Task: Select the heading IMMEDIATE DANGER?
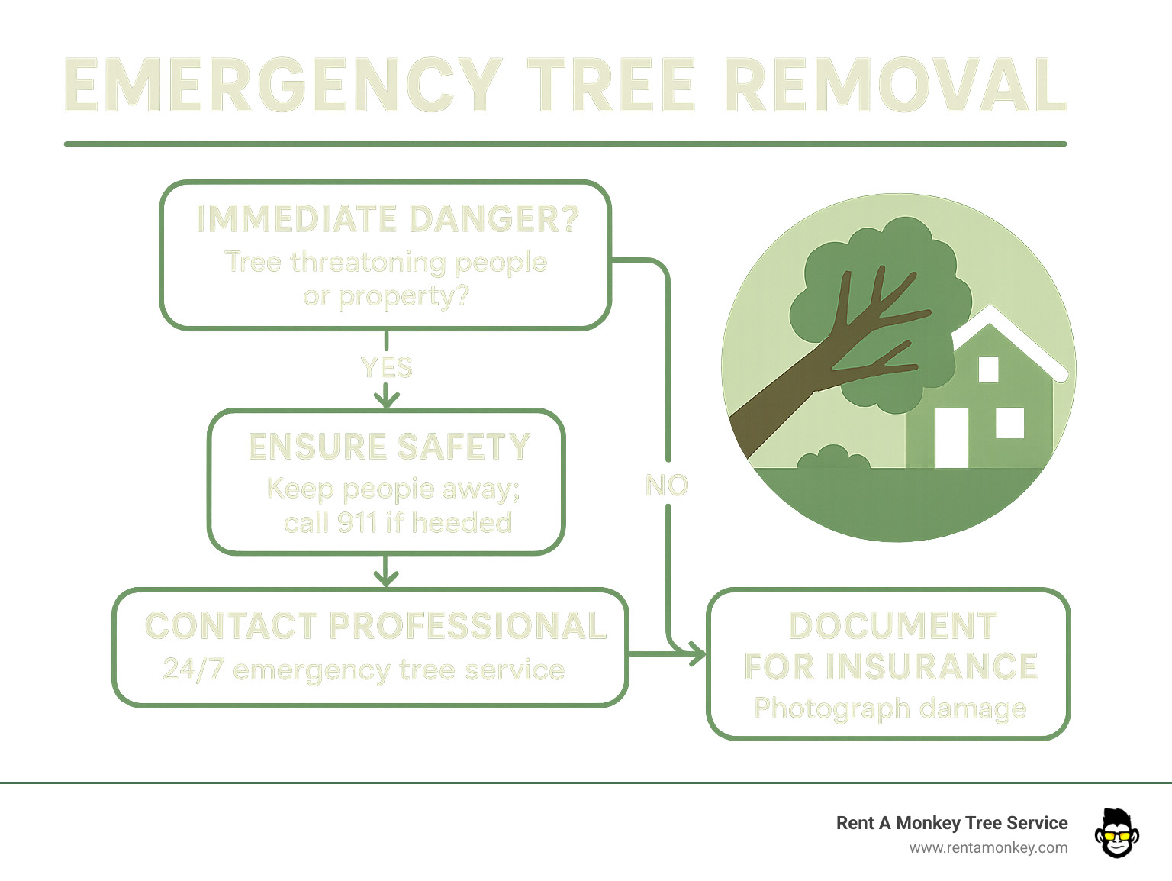pos(387,219)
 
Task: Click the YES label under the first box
pos(387,368)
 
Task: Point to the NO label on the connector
pos(667,486)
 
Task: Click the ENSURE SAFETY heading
pos(389,447)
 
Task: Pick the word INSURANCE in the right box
pos(932,666)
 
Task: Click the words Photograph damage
pos(890,708)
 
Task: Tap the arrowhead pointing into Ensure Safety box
pos(387,399)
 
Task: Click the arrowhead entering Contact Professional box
pos(387,578)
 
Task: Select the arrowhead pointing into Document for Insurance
pos(696,654)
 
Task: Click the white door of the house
pos(951,437)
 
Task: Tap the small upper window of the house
pos(988,369)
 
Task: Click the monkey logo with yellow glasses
pos(1116,833)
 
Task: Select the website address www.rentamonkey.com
pos(988,848)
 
